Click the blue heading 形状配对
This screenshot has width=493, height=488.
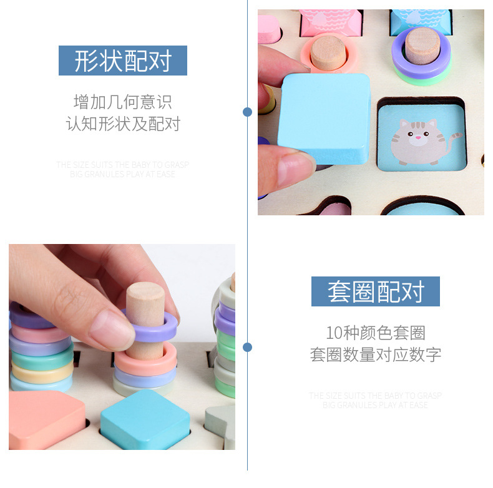(123, 61)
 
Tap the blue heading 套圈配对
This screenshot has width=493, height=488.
(376, 291)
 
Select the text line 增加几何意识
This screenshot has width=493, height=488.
(123, 102)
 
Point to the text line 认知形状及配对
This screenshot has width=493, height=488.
(123, 124)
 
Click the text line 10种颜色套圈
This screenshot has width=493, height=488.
(376, 332)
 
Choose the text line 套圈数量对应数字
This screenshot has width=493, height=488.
(376, 354)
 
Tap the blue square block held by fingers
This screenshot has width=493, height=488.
(325, 117)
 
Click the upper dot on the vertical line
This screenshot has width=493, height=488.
(247, 112)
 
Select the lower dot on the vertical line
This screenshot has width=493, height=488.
(247, 347)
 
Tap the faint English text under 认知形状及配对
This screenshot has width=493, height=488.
(123, 169)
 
